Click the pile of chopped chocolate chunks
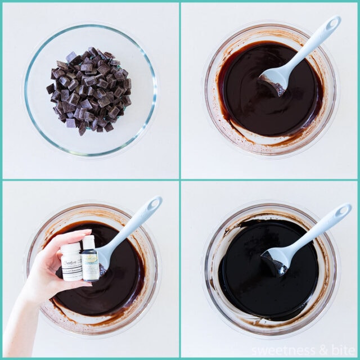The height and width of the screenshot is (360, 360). click(89, 90)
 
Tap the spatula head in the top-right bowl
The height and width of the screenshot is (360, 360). click(274, 79)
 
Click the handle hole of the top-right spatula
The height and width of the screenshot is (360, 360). click(332, 24)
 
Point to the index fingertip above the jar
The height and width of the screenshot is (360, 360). click(84, 232)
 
